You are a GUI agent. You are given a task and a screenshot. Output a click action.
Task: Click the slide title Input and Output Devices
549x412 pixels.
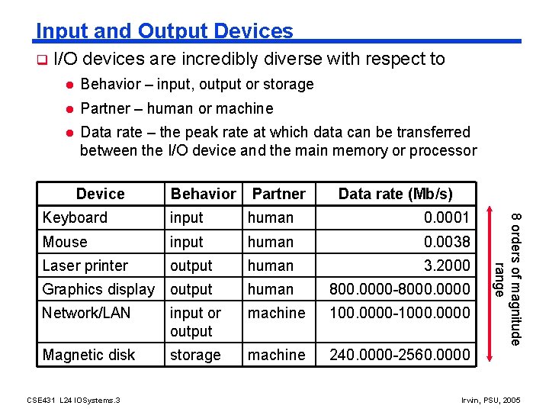(x=164, y=31)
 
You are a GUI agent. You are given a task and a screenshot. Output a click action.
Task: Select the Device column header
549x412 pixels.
(x=100, y=194)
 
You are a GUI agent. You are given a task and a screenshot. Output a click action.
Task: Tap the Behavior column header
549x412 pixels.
(x=203, y=194)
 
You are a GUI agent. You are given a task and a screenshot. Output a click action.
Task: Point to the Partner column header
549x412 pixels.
(x=278, y=194)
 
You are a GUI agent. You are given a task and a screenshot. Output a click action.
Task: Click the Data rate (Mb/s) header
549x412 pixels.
(x=395, y=194)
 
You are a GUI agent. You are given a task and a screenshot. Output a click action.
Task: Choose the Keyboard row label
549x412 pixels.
(x=75, y=217)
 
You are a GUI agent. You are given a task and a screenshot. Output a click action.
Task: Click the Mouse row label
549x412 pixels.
(x=65, y=242)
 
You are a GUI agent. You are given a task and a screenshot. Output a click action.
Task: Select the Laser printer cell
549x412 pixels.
(x=85, y=266)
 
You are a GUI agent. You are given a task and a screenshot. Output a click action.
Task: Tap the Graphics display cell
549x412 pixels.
(x=98, y=289)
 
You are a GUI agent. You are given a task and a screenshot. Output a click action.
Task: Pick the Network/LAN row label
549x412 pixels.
(x=86, y=313)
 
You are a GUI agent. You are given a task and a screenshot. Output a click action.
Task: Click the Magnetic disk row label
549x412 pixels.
(x=88, y=355)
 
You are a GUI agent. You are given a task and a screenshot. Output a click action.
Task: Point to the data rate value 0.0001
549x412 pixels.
(x=447, y=217)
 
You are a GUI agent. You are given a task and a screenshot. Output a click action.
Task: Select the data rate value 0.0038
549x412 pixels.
(x=447, y=242)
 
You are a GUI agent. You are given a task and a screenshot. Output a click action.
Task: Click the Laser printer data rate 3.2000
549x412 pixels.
(x=447, y=266)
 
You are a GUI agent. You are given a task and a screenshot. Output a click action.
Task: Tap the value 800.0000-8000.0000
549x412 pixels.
(x=399, y=289)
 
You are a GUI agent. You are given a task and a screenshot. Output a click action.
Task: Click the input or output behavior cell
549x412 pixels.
(x=195, y=322)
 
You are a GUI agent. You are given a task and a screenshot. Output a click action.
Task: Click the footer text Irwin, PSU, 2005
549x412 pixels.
(x=491, y=400)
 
